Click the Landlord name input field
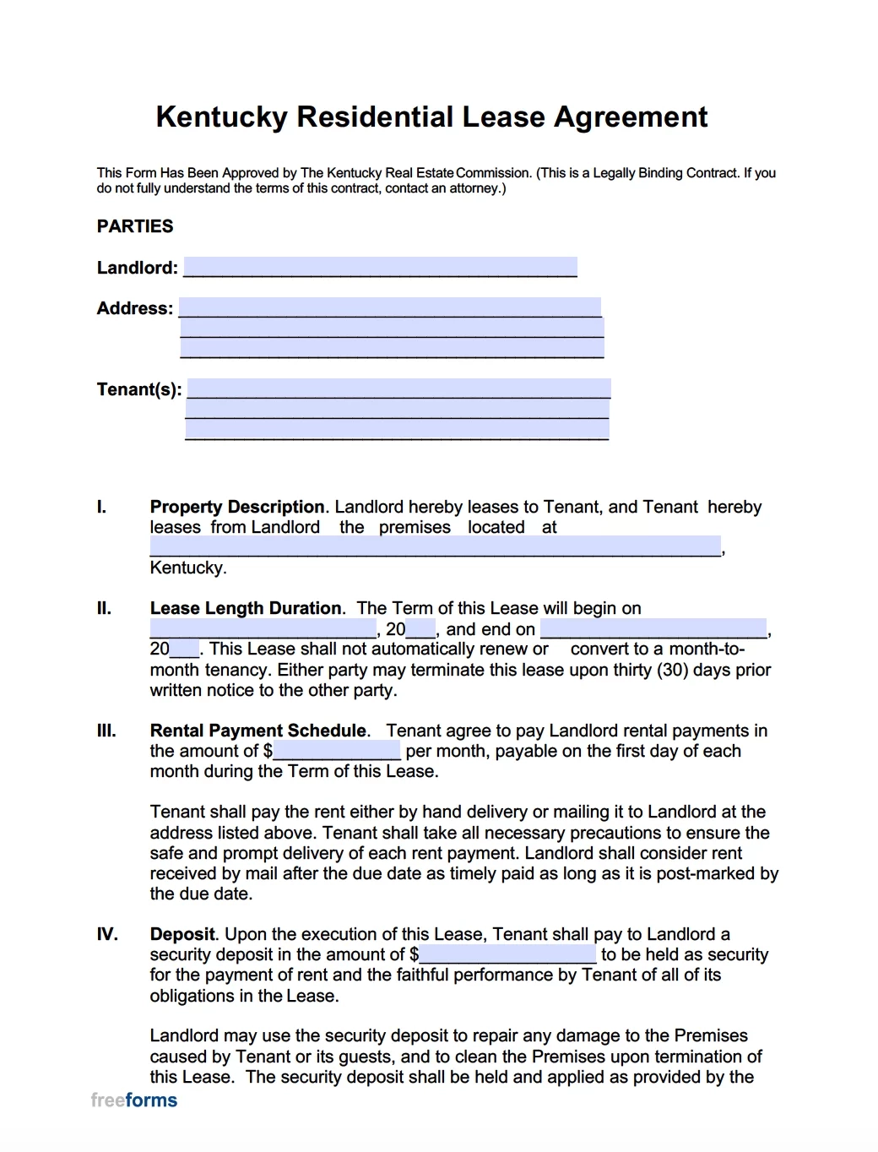[380, 267]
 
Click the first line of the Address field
[390, 307]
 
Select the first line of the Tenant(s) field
[398, 389]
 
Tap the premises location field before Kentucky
[435, 546]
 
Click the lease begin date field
[263, 628]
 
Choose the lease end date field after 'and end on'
[653, 628]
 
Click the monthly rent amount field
[336, 751]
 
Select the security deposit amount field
[507, 954]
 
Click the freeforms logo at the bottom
[133, 1100]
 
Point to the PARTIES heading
[135, 226]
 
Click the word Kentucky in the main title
[222, 117]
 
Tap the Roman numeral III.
[106, 731]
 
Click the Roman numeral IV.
[107, 934]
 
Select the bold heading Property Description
[237, 507]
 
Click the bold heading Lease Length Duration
[246, 608]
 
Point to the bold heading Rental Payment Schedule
[258, 731]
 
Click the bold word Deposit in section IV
[182, 934]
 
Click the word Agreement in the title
[630, 117]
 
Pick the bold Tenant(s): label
[139, 389]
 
